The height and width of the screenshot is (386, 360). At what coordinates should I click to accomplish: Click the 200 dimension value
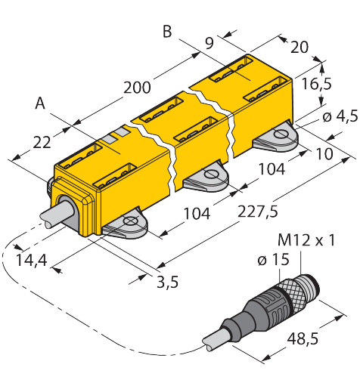[x=137, y=88]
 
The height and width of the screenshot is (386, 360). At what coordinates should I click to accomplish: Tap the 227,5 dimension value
[x=258, y=211]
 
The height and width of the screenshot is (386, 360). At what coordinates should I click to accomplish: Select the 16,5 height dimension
[x=317, y=84]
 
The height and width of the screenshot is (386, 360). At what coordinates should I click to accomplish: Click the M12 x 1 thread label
[x=306, y=240]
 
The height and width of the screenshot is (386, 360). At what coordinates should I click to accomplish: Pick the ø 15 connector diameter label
[x=273, y=259]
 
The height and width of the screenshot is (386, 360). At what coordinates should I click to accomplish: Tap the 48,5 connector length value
[x=303, y=338]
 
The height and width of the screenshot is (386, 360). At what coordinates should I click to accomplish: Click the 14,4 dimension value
[x=32, y=260]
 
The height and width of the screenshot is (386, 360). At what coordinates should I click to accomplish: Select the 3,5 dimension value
[x=167, y=282]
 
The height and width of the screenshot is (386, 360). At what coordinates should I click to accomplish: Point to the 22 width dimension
[x=42, y=143]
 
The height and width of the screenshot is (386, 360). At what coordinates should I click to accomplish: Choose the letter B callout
[x=167, y=32]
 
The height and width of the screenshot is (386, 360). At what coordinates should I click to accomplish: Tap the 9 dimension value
[x=209, y=43]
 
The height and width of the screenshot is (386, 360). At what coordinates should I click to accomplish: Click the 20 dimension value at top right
[x=299, y=47]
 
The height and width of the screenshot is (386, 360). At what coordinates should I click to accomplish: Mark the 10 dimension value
[x=324, y=153]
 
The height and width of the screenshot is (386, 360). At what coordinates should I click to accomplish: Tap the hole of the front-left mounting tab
[x=130, y=221]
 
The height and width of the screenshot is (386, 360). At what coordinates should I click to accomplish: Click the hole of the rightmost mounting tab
[x=281, y=134]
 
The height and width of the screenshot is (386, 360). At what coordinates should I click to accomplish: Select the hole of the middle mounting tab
[x=211, y=174]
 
